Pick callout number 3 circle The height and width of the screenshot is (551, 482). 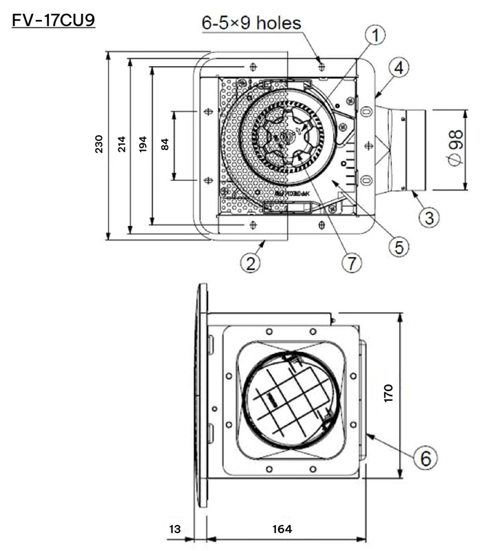coord(428,219)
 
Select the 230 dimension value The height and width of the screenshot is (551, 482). coord(99,144)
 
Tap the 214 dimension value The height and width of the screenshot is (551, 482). coord(121,144)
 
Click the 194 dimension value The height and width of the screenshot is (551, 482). coord(143,144)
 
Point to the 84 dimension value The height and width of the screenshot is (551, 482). coord(164,144)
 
